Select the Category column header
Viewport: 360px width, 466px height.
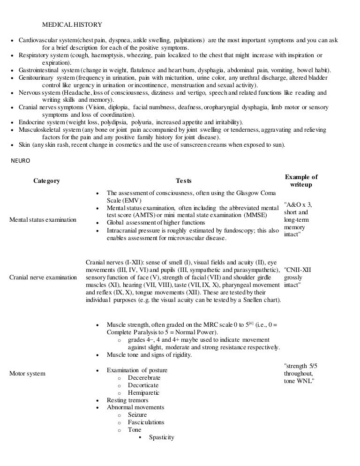[x=46, y=181]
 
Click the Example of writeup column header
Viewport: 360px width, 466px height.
[x=301, y=181]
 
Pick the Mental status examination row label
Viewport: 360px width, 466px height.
[x=43, y=220]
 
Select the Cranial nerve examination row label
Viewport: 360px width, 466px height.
[x=43, y=278]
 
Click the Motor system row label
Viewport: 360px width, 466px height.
[x=28, y=374]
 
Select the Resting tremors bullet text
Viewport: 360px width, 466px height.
[x=127, y=400]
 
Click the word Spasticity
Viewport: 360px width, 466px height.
[x=161, y=437]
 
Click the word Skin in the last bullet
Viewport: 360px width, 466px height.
[x=24, y=145]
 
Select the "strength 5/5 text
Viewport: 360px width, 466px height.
[x=300, y=366]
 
